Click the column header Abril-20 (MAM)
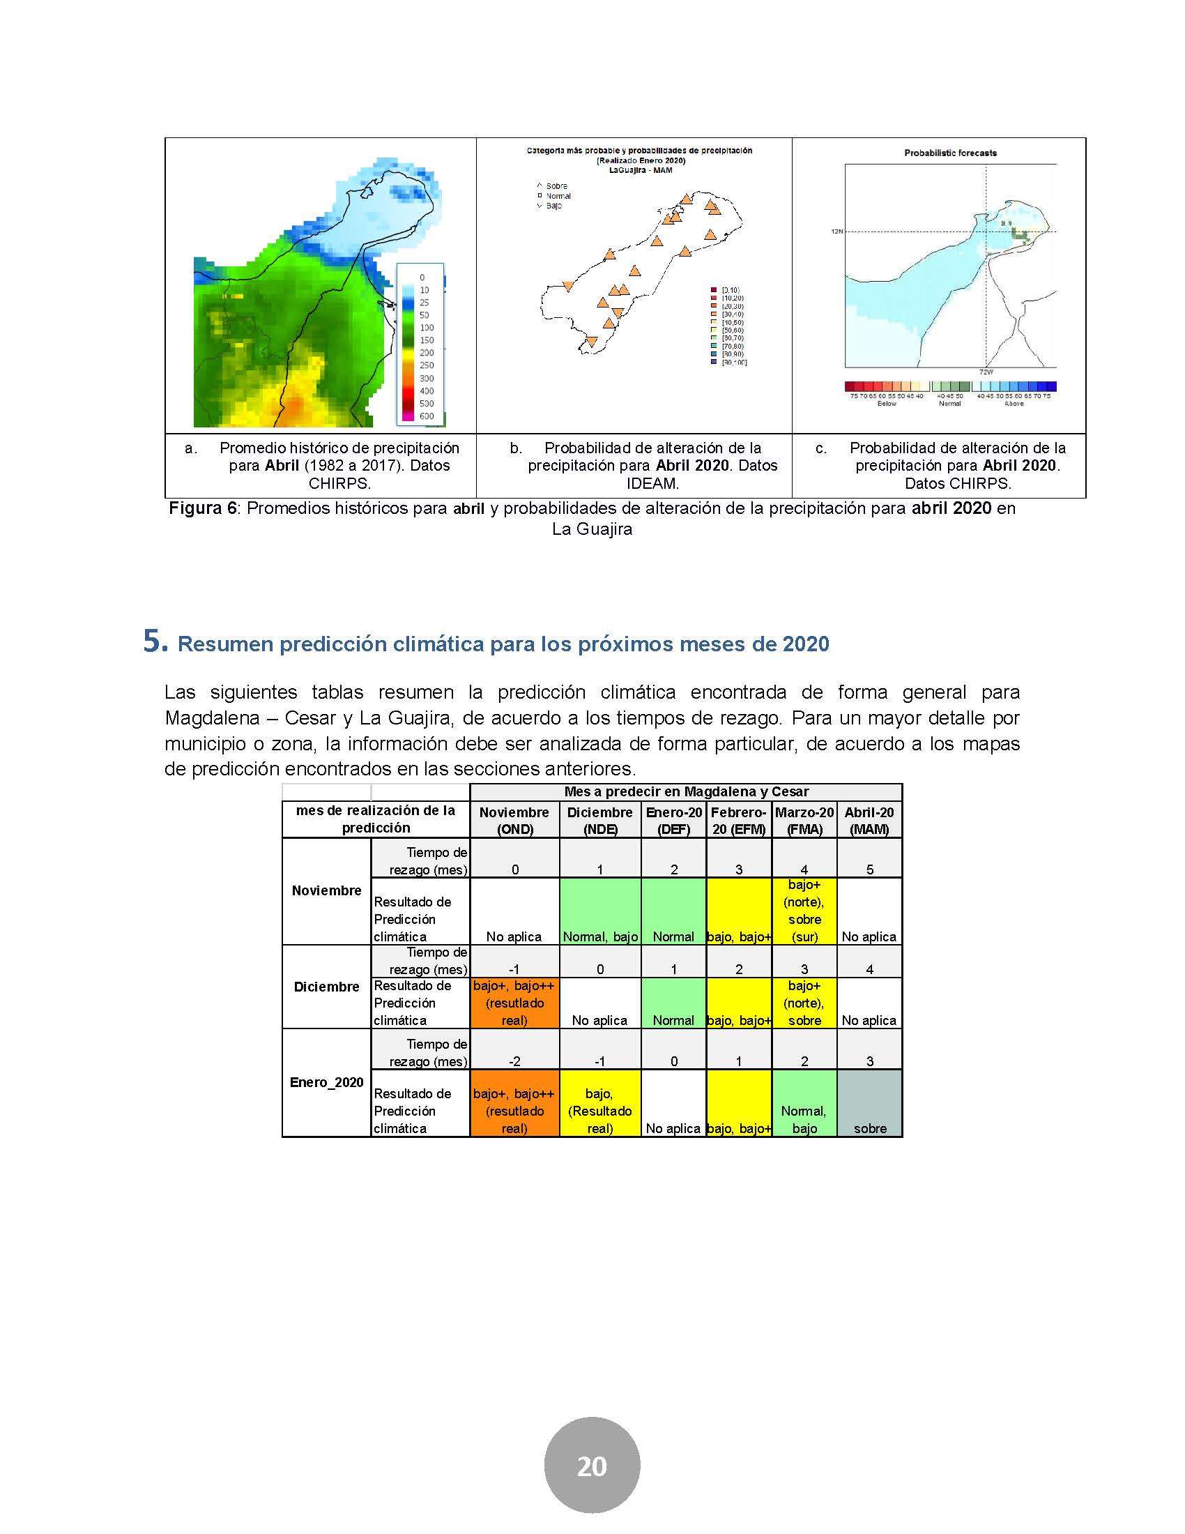pyautogui.click(x=869, y=821)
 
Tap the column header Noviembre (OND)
pyautogui.click(x=514, y=821)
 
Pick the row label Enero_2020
pyautogui.click(x=326, y=1081)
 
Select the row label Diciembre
pyautogui.click(x=326, y=986)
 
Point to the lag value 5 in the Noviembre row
pyautogui.click(x=869, y=869)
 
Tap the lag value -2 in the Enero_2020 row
pyautogui.click(x=514, y=1061)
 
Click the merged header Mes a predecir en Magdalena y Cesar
pyautogui.click(x=686, y=791)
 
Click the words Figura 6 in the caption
pyautogui.click(x=202, y=508)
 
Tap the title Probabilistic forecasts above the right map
pyautogui.click(x=950, y=153)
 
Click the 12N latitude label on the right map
pyautogui.click(x=836, y=231)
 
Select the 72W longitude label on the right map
pyautogui.click(x=985, y=371)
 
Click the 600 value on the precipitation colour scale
pyautogui.click(x=426, y=416)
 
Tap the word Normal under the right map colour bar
pyautogui.click(x=949, y=404)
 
